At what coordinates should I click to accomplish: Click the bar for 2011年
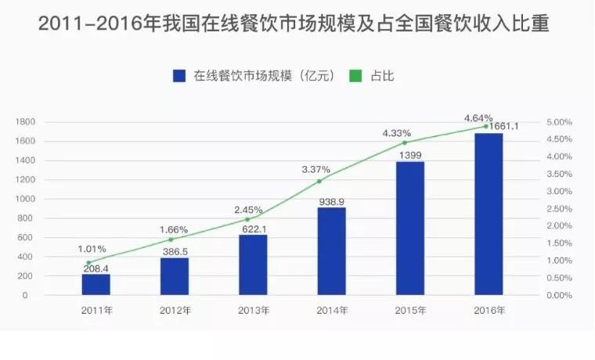click(x=96, y=284)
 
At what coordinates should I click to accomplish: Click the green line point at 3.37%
click(x=319, y=181)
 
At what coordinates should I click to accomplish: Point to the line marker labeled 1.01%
click(x=89, y=262)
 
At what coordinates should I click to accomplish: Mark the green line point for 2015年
click(x=405, y=142)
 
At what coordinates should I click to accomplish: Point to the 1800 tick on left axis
click(x=27, y=122)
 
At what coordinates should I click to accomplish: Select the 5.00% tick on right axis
click(x=560, y=122)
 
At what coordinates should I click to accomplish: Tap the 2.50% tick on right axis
click(x=560, y=209)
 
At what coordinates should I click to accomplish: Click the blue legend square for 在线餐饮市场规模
click(x=178, y=76)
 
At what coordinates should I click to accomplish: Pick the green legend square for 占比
click(x=354, y=76)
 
